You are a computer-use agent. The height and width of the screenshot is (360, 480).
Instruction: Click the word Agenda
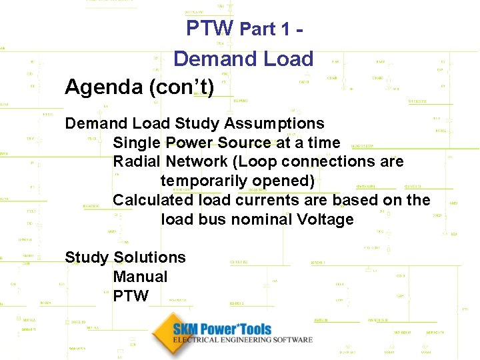tap(97, 87)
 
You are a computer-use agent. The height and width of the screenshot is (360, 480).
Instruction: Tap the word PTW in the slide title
tap(209, 28)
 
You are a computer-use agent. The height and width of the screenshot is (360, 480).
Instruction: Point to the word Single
tap(137, 143)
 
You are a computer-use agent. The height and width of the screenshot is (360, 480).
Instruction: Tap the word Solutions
tap(150, 257)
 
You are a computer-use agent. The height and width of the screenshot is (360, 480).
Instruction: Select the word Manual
tap(140, 277)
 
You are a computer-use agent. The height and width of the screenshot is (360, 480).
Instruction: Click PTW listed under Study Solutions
tap(131, 295)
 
